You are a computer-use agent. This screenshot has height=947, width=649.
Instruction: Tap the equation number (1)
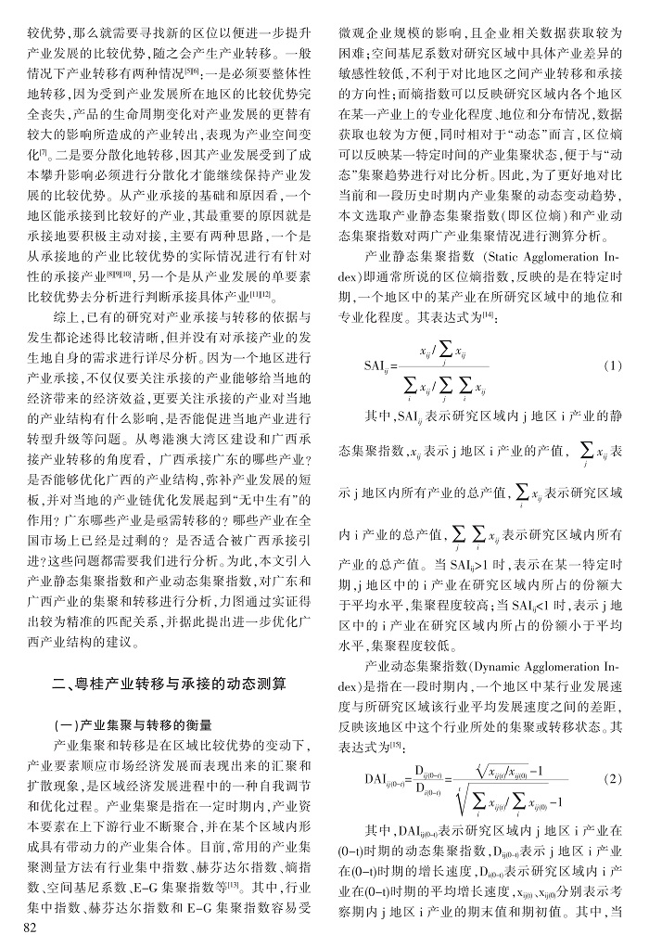[611, 366]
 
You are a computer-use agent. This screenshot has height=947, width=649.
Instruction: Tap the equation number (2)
[611, 777]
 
